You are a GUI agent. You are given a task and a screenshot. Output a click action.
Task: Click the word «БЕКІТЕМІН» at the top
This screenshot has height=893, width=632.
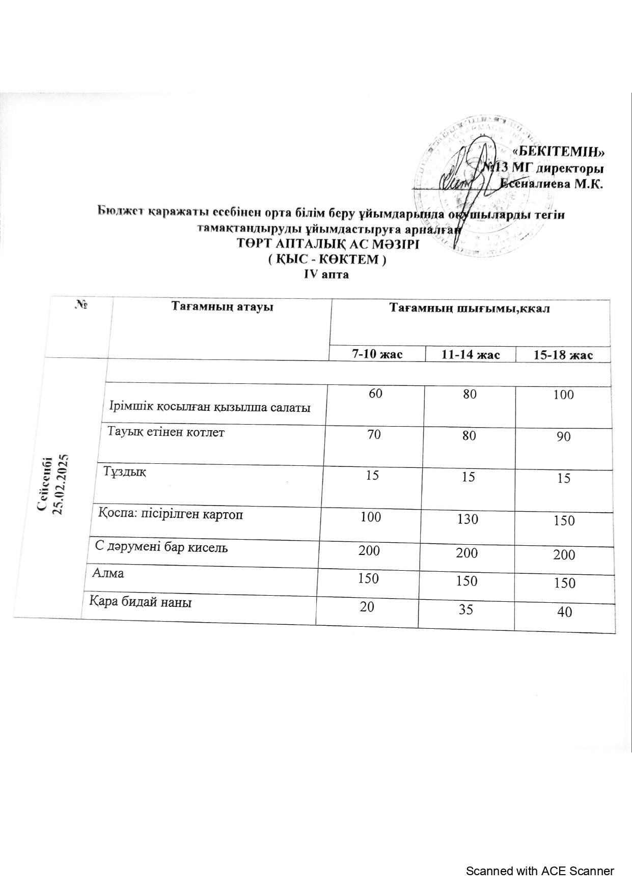(x=559, y=151)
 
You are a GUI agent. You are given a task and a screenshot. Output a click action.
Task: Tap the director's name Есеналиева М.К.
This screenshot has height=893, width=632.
(x=552, y=184)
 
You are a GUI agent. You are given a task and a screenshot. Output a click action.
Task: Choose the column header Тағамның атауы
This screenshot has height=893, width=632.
(x=222, y=307)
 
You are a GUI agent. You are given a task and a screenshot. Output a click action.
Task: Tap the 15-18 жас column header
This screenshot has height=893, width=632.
(x=563, y=355)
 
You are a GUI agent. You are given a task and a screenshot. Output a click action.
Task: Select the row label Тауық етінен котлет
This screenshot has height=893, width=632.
(x=167, y=432)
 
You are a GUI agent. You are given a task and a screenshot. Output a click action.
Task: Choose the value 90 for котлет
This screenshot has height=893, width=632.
(x=563, y=437)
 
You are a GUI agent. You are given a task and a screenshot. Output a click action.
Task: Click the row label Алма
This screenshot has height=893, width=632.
(x=108, y=573)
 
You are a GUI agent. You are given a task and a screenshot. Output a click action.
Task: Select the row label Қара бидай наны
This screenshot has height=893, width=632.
(x=141, y=603)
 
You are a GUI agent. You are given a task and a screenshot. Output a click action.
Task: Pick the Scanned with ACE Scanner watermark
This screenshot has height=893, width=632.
(x=540, y=871)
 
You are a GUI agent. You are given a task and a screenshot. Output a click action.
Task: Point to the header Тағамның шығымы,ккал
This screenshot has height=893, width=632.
(x=469, y=309)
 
